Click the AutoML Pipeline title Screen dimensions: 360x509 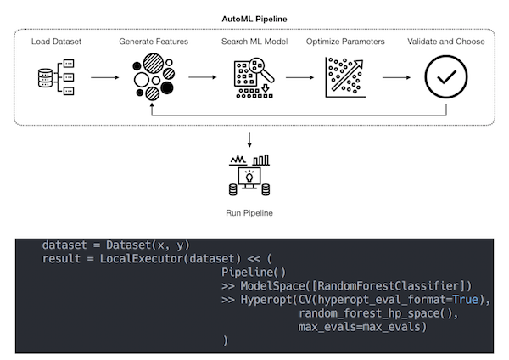click(x=254, y=18)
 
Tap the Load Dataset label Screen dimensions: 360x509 click(x=56, y=41)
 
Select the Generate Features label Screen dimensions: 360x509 click(x=154, y=41)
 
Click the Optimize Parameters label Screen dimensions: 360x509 click(x=345, y=41)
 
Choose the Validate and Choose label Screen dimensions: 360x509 click(x=446, y=41)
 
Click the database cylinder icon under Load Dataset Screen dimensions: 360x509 click(x=45, y=77)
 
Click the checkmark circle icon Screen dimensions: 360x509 click(x=445, y=77)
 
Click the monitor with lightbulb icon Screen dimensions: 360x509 click(x=250, y=179)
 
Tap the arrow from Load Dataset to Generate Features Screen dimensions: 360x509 click(x=104, y=77)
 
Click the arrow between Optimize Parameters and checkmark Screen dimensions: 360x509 click(x=396, y=77)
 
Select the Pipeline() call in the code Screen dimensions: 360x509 click(x=249, y=272)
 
